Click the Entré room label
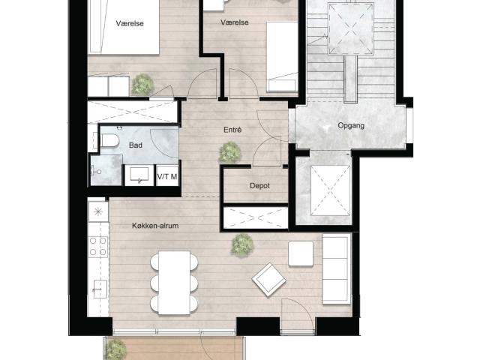tap(232, 130)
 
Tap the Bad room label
tap(136, 145)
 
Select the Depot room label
tap(260, 186)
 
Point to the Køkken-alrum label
tap(155, 226)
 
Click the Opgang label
tap(351, 125)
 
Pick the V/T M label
tap(167, 177)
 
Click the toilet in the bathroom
tap(109, 141)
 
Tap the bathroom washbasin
tap(139, 175)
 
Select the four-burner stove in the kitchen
tap(98, 247)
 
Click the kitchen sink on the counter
tap(100, 289)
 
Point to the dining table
tap(174, 283)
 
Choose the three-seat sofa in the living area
tap(336, 269)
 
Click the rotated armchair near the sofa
tap(268, 280)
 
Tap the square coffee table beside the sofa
tap(301, 253)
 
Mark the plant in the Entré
tap(230, 152)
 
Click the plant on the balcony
tap(117, 349)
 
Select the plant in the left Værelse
tap(142, 84)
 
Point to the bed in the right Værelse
tap(282, 57)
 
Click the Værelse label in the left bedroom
tap(130, 23)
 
